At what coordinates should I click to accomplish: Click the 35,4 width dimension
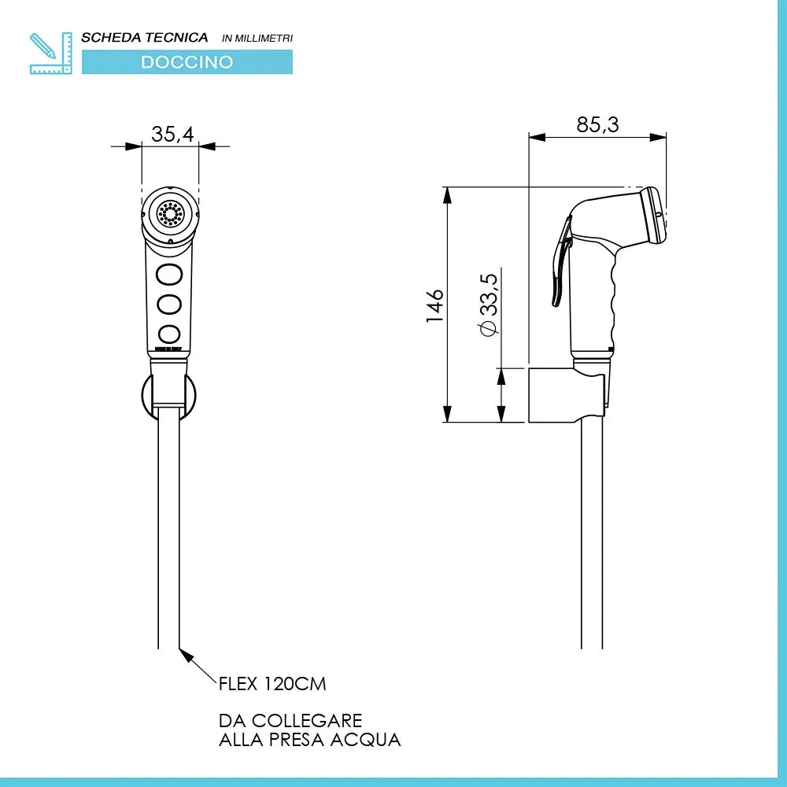172,134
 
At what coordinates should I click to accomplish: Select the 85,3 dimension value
598,124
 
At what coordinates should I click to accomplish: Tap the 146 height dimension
435,305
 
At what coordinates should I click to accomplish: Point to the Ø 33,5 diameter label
488,305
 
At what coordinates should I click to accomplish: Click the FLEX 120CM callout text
272,683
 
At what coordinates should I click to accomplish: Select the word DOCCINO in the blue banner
187,62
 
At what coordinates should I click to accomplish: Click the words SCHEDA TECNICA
145,37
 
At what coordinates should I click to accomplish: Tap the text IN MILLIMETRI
257,38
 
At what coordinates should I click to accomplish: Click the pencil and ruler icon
50,53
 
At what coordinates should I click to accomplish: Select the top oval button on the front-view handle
169,274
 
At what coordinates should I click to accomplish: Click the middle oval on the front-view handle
169,303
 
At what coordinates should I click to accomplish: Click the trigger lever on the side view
560,268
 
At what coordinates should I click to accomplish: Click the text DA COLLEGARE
290,721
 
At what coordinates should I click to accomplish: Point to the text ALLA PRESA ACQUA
309,740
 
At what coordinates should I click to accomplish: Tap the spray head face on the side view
654,215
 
